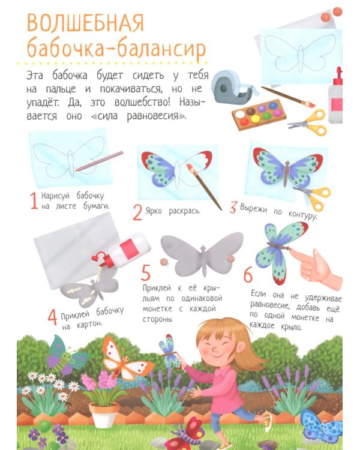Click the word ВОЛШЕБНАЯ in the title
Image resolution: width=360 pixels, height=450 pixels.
(x=86, y=22)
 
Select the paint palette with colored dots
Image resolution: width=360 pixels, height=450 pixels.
(x=260, y=114)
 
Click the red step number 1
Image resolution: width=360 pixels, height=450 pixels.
(x=34, y=200)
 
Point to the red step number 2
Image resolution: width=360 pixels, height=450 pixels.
(x=138, y=212)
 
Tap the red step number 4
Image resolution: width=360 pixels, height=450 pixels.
(x=52, y=317)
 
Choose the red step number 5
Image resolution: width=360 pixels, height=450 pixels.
(x=146, y=272)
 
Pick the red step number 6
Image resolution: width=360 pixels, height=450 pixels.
(x=248, y=275)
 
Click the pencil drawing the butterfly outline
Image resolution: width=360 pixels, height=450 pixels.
(x=99, y=161)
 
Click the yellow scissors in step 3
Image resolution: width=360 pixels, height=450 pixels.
(x=313, y=196)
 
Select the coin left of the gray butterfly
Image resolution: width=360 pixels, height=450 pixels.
(x=164, y=262)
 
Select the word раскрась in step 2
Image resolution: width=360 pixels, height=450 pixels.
(x=184, y=212)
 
